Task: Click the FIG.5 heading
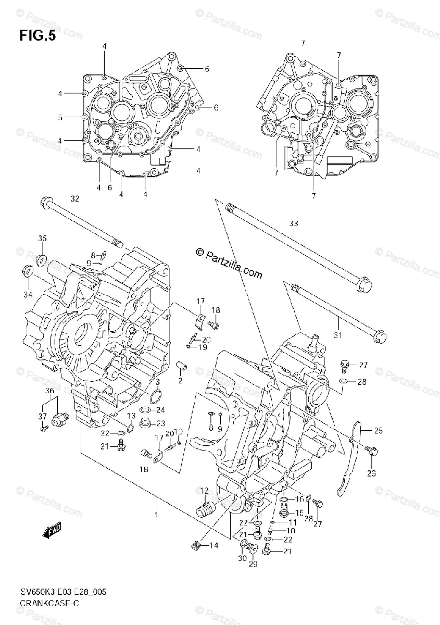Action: [37, 36]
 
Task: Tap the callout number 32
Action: [75, 198]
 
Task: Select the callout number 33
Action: [294, 223]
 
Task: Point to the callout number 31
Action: [338, 335]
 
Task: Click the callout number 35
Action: [42, 238]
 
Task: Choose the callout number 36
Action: [49, 391]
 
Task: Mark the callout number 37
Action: [42, 416]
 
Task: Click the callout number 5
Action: [60, 117]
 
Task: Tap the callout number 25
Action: [378, 430]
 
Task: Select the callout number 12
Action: [204, 490]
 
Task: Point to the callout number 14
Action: [214, 545]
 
